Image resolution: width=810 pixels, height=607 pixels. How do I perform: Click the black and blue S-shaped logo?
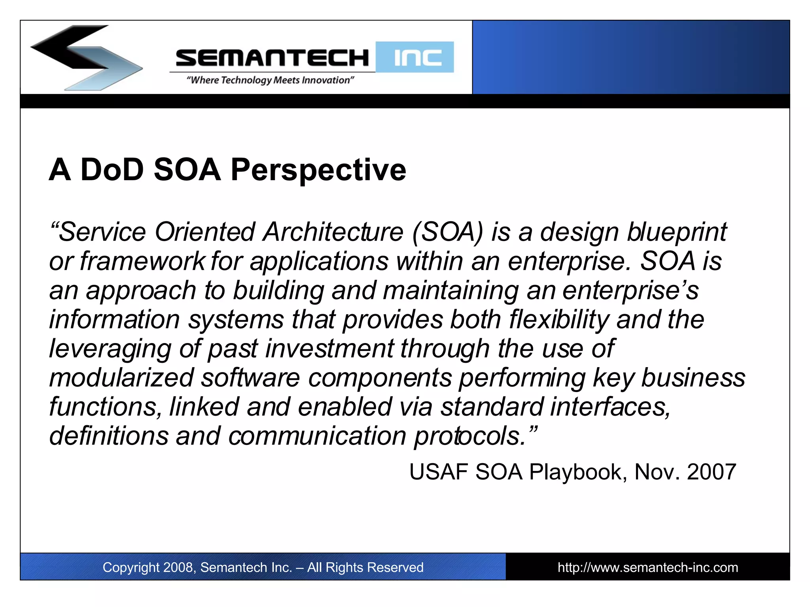tap(86, 57)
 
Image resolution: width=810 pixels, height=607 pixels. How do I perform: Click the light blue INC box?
tap(415, 57)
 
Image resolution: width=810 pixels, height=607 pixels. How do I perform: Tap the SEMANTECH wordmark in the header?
tap(272, 58)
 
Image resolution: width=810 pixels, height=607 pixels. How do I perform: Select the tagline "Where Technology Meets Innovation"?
tap(270, 80)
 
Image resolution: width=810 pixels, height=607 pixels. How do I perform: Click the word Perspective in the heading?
tap(318, 170)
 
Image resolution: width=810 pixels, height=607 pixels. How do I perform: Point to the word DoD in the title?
tap(112, 170)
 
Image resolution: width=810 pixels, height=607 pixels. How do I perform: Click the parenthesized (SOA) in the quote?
tap(447, 232)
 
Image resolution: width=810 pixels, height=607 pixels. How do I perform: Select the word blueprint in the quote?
tap(677, 233)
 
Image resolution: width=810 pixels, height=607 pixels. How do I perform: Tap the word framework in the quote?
tap(142, 261)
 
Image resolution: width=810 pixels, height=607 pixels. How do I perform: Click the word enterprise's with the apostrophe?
tap(630, 291)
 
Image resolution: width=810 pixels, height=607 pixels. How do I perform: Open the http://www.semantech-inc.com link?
tap(647, 567)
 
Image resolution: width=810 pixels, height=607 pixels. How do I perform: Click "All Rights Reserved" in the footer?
tap(365, 567)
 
